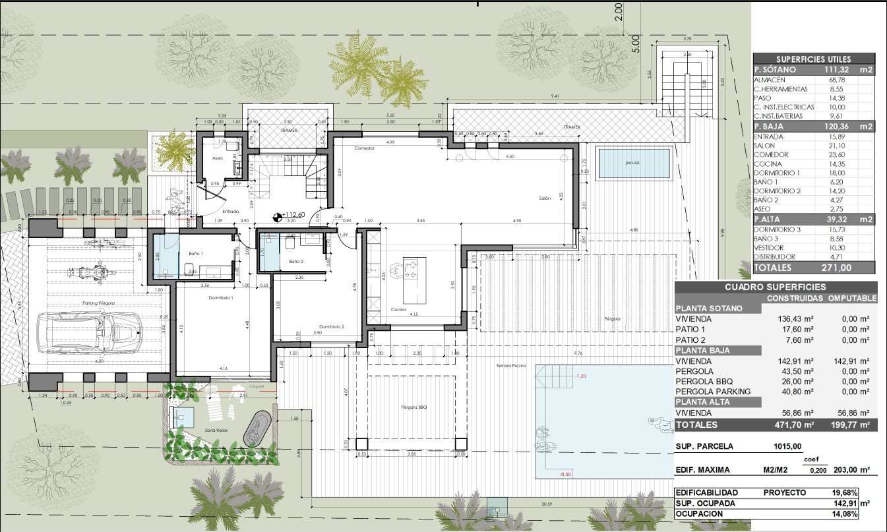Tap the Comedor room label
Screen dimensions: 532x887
(x=363, y=148)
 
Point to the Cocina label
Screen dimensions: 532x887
(x=398, y=309)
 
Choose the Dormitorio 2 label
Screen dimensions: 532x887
(x=332, y=327)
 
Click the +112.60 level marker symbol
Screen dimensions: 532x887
(x=278, y=216)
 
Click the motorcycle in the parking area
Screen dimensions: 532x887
(x=92, y=271)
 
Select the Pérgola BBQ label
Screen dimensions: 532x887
(x=413, y=407)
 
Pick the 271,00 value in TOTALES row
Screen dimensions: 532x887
(x=837, y=268)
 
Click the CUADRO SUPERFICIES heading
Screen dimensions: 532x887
(x=775, y=287)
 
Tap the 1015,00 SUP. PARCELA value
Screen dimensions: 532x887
(x=787, y=446)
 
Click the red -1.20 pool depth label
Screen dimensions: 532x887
(x=580, y=376)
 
